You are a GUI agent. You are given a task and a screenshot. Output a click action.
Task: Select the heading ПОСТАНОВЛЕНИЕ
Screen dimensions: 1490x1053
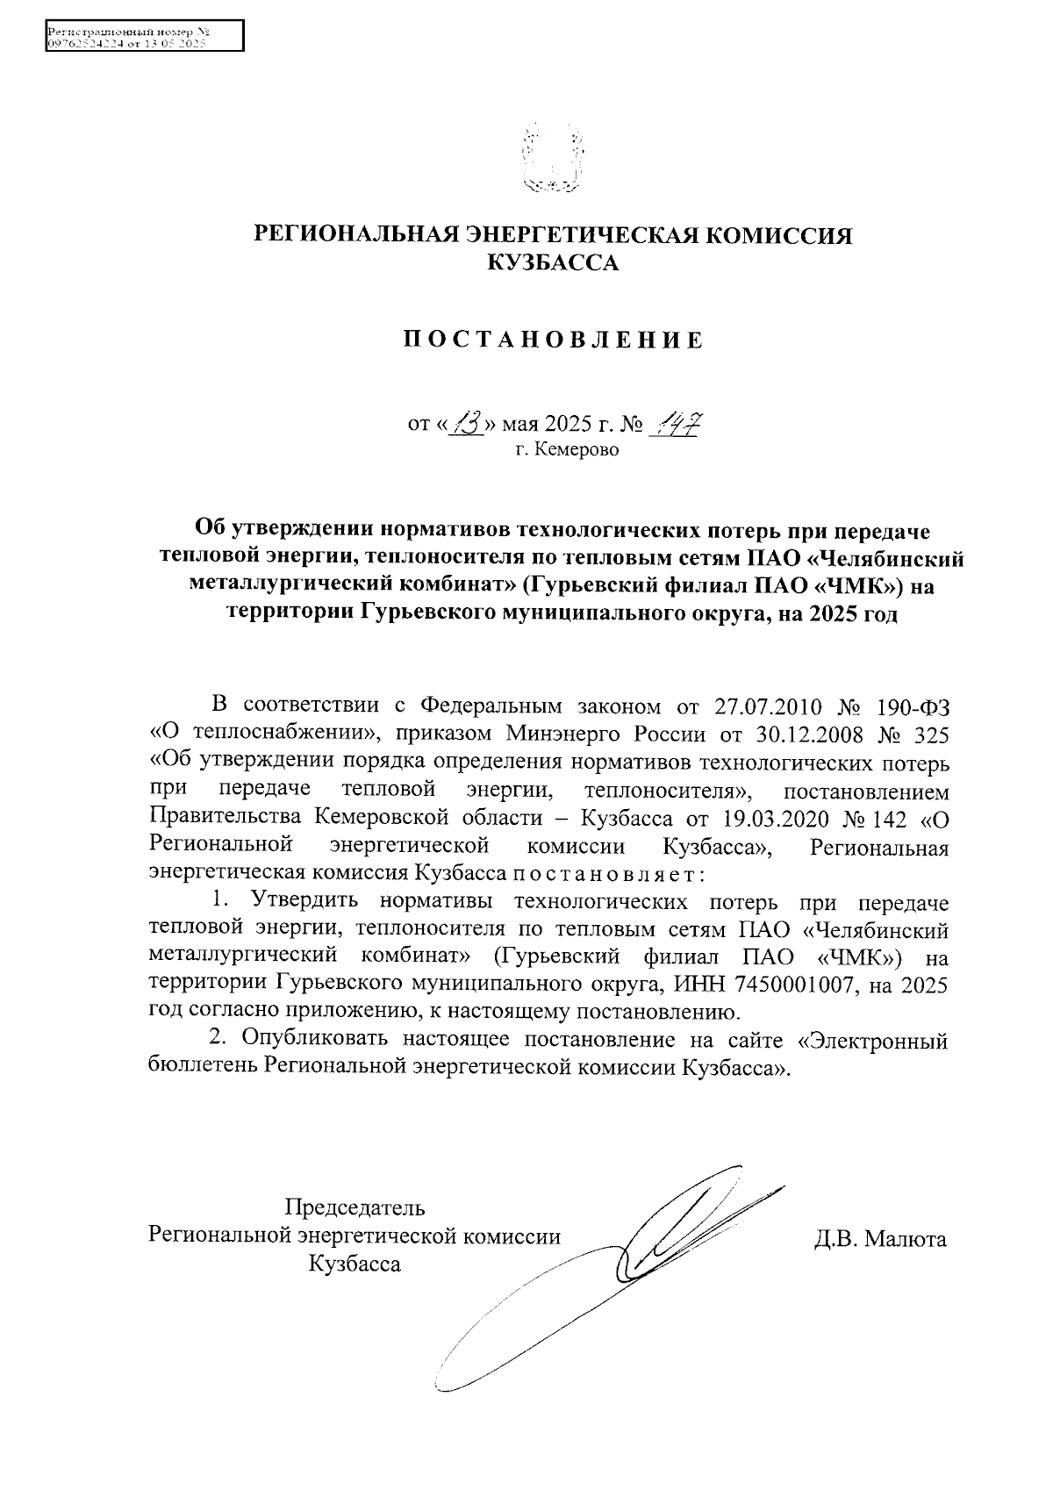click(x=553, y=340)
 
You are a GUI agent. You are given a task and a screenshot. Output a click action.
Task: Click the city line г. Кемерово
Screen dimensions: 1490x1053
click(x=567, y=451)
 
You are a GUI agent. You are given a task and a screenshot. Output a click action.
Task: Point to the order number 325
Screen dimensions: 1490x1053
click(x=929, y=733)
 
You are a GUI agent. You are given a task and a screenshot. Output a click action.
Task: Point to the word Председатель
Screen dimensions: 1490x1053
click(x=355, y=1207)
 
